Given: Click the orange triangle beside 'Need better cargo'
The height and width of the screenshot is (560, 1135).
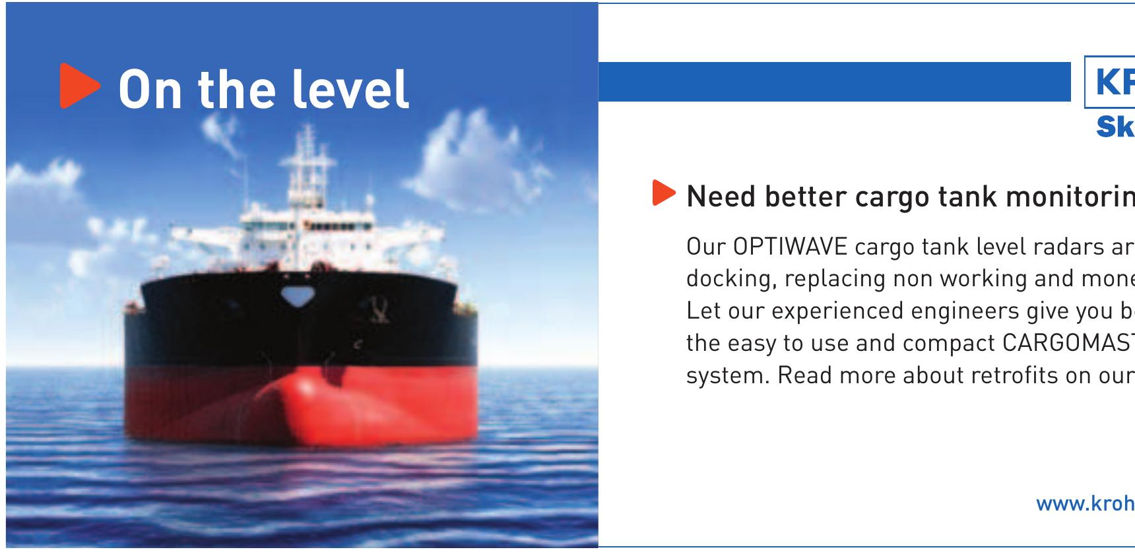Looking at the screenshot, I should point(664,193).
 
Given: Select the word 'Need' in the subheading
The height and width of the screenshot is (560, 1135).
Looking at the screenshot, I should point(719,197).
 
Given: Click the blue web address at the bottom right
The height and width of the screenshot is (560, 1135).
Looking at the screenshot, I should point(1085,504).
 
